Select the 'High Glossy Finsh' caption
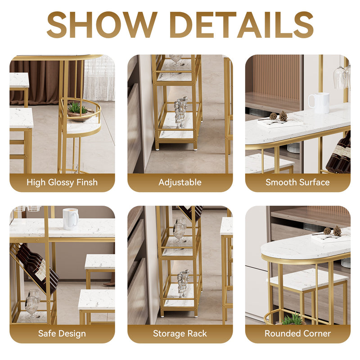(62, 183)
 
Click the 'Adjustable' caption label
(180, 183)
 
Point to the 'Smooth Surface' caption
(297, 183)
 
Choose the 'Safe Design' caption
(62, 334)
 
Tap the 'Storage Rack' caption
(180, 334)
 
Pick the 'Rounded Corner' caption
(297, 334)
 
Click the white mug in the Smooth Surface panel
(321, 103)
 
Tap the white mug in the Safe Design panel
(70, 219)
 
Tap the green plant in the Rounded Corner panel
(292, 319)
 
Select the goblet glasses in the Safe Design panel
(31, 303)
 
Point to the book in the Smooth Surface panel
(279, 122)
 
